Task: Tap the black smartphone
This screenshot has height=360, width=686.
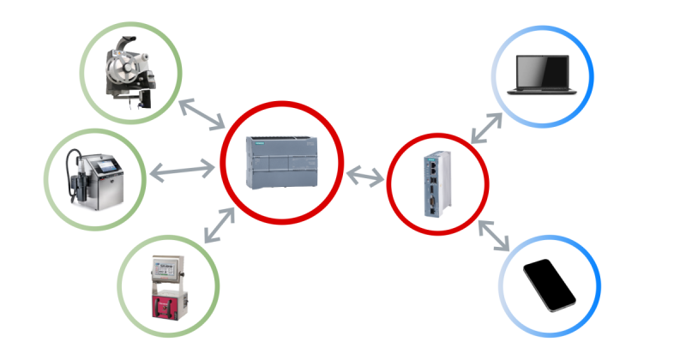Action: click(550, 284)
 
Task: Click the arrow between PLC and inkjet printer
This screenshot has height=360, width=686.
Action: click(182, 171)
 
